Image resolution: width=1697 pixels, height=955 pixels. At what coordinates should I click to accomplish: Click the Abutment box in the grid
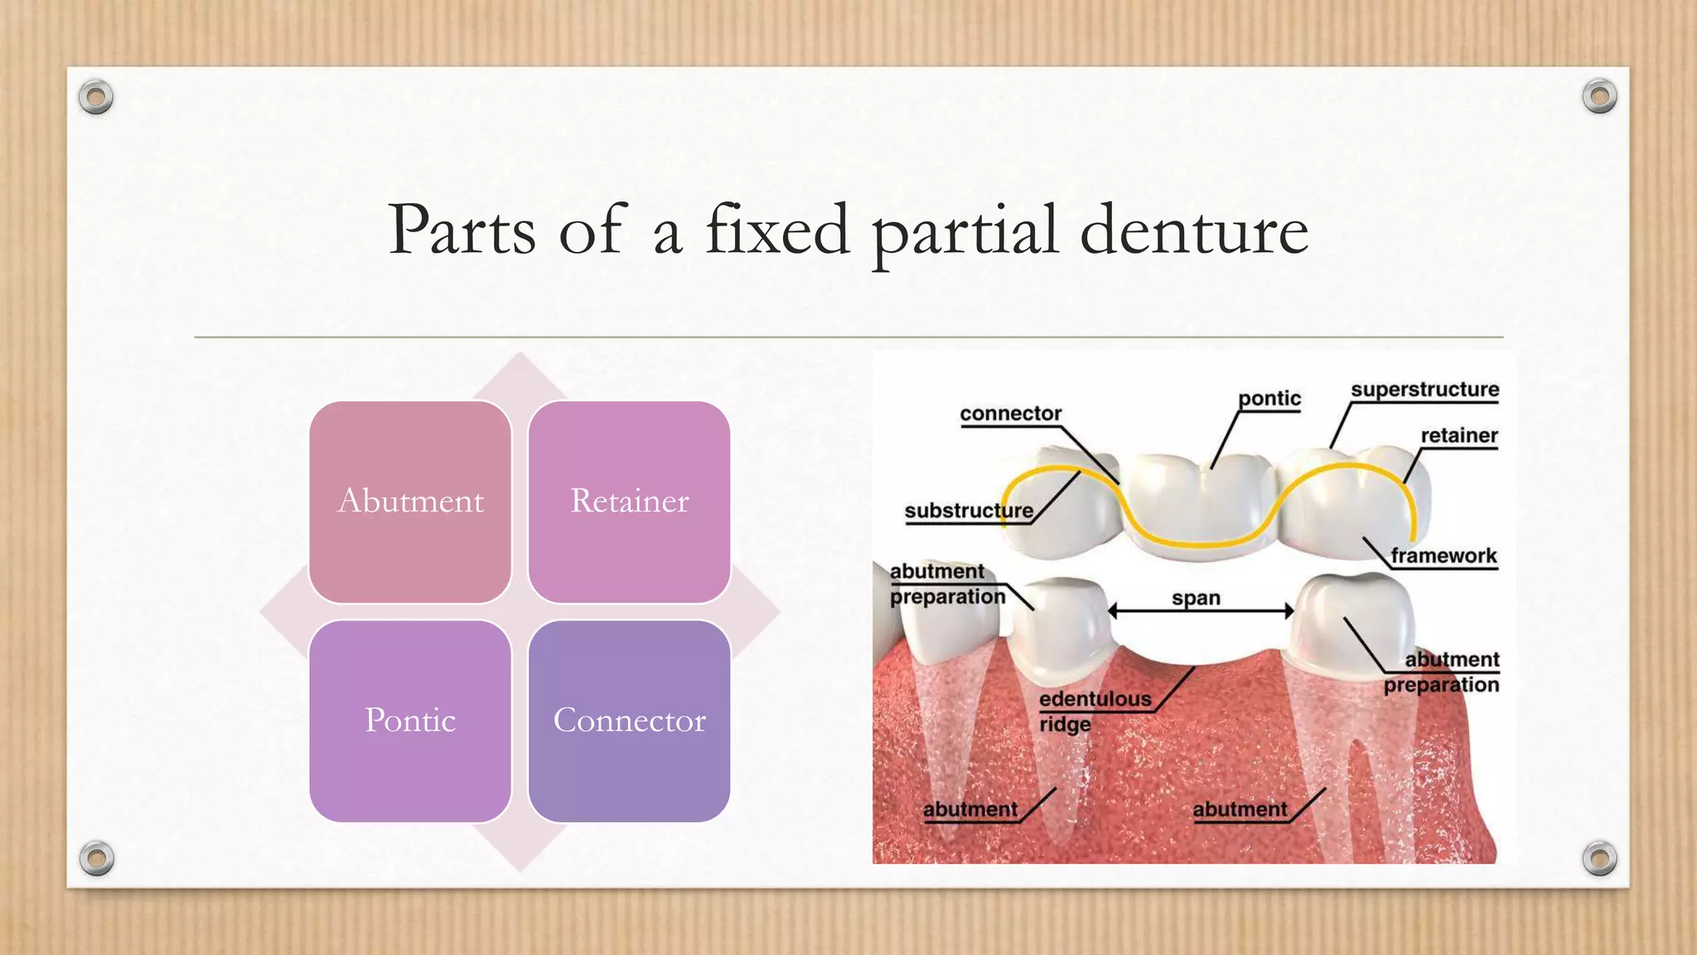[x=410, y=502]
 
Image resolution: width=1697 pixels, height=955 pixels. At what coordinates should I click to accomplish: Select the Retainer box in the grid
[x=629, y=502]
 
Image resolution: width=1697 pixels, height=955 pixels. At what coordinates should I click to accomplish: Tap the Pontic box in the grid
[x=410, y=720]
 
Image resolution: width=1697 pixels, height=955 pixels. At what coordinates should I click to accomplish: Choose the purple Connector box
[x=629, y=720]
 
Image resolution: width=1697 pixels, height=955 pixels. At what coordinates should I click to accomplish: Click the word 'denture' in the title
[x=1193, y=230]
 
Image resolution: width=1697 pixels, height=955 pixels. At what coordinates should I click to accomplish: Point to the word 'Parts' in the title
[x=462, y=230]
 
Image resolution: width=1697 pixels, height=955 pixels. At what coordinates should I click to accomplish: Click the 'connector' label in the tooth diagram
[x=1010, y=414]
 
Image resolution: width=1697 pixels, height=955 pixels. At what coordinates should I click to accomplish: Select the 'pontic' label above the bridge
[x=1269, y=399]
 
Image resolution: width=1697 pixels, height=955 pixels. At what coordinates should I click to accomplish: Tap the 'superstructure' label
[x=1424, y=390]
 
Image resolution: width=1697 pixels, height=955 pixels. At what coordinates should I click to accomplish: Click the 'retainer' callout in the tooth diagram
[x=1458, y=436]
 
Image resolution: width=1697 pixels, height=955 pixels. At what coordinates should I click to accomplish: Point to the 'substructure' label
[x=969, y=511]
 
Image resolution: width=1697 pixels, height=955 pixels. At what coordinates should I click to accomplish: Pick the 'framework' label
[x=1443, y=556]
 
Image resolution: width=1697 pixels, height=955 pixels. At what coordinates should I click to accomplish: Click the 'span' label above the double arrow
[x=1196, y=598]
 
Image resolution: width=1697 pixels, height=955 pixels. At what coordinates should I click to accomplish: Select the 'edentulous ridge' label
[x=1094, y=710]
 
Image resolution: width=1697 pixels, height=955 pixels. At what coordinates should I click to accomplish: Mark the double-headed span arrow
[x=1201, y=612]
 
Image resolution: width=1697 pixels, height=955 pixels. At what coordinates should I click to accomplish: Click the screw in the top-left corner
[x=96, y=97]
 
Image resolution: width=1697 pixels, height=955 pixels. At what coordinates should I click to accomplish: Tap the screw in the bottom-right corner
[x=1599, y=858]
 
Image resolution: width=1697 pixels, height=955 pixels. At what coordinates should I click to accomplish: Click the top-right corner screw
[x=1599, y=97]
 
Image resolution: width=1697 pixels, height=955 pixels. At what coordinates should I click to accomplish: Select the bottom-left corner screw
[x=96, y=858]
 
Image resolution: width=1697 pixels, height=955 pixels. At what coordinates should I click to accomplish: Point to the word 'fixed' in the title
[x=777, y=230]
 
